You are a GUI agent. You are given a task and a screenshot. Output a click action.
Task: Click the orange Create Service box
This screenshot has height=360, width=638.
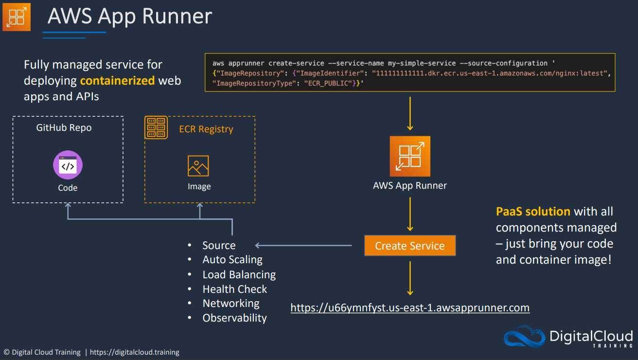pyautogui.click(x=410, y=245)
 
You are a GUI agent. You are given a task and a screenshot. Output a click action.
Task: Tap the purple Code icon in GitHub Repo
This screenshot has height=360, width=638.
pyautogui.click(x=68, y=165)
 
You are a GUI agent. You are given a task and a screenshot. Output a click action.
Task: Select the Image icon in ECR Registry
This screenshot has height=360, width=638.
pyautogui.click(x=198, y=166)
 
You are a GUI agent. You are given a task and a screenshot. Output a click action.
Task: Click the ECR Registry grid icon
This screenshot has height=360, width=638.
pyautogui.click(x=156, y=127)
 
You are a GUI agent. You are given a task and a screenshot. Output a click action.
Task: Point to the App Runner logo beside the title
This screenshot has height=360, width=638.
pyautogui.click(x=17, y=17)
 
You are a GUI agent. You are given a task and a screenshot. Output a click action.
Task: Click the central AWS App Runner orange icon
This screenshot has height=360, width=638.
pyautogui.click(x=410, y=156)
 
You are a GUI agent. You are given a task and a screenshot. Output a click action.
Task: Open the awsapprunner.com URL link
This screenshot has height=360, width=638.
pyautogui.click(x=410, y=308)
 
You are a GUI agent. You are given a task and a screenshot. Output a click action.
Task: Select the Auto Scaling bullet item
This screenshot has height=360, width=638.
pyautogui.click(x=232, y=260)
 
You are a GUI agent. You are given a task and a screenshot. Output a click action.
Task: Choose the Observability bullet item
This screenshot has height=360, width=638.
pyautogui.click(x=234, y=318)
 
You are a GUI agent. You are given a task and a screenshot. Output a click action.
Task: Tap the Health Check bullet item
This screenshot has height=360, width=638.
pyautogui.click(x=235, y=289)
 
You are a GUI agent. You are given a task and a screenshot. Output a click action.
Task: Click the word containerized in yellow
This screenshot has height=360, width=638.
pyautogui.click(x=117, y=81)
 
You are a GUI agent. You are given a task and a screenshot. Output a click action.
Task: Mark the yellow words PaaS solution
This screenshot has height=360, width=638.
pyautogui.click(x=533, y=212)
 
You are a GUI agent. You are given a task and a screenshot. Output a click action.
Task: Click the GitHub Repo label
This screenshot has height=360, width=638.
pyautogui.click(x=64, y=127)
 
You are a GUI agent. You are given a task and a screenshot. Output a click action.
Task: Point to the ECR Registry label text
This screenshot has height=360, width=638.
pyautogui.click(x=206, y=129)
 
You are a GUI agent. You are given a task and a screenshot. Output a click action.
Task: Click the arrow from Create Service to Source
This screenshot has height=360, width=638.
pyautogui.click(x=303, y=245)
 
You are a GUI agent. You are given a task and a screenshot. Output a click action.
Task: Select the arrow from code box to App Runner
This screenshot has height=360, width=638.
pyautogui.click(x=410, y=113)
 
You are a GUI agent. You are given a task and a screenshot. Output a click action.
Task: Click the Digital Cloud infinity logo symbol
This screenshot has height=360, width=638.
pyautogui.click(x=524, y=336)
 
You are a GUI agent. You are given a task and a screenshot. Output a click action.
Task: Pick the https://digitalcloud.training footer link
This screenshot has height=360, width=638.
pyautogui.click(x=134, y=352)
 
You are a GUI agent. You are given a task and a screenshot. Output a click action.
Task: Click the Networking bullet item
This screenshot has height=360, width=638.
pyautogui.click(x=231, y=303)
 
